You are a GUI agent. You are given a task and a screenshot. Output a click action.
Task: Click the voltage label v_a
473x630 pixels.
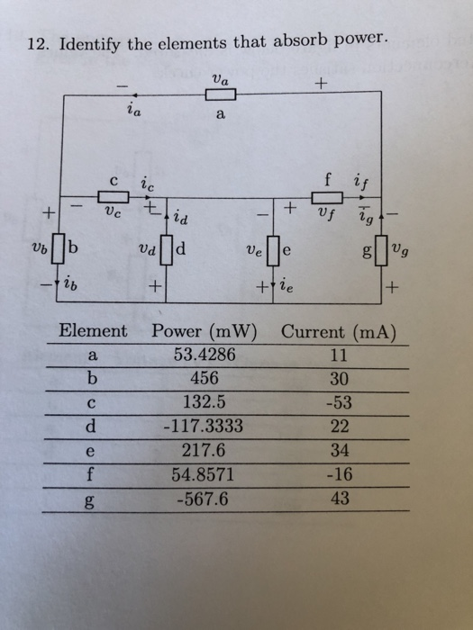point(220,78)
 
